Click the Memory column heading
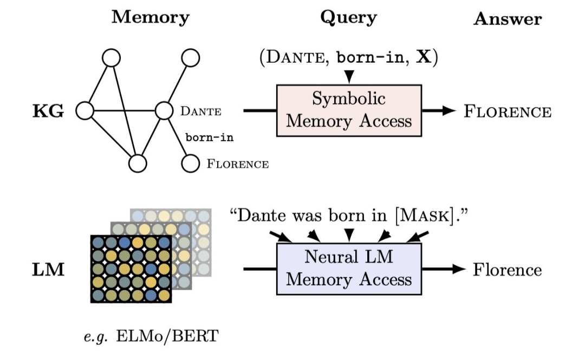(150, 17)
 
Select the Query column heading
(348, 17)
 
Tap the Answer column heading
(508, 19)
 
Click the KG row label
(48, 112)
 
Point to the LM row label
(48, 269)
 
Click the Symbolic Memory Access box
(349, 110)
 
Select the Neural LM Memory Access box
(349, 269)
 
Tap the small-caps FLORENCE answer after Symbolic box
(508, 112)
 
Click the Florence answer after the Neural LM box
(508, 270)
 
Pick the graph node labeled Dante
(164, 110)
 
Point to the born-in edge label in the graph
(210, 138)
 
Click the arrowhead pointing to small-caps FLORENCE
(449, 110)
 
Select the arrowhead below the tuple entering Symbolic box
(348, 78)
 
